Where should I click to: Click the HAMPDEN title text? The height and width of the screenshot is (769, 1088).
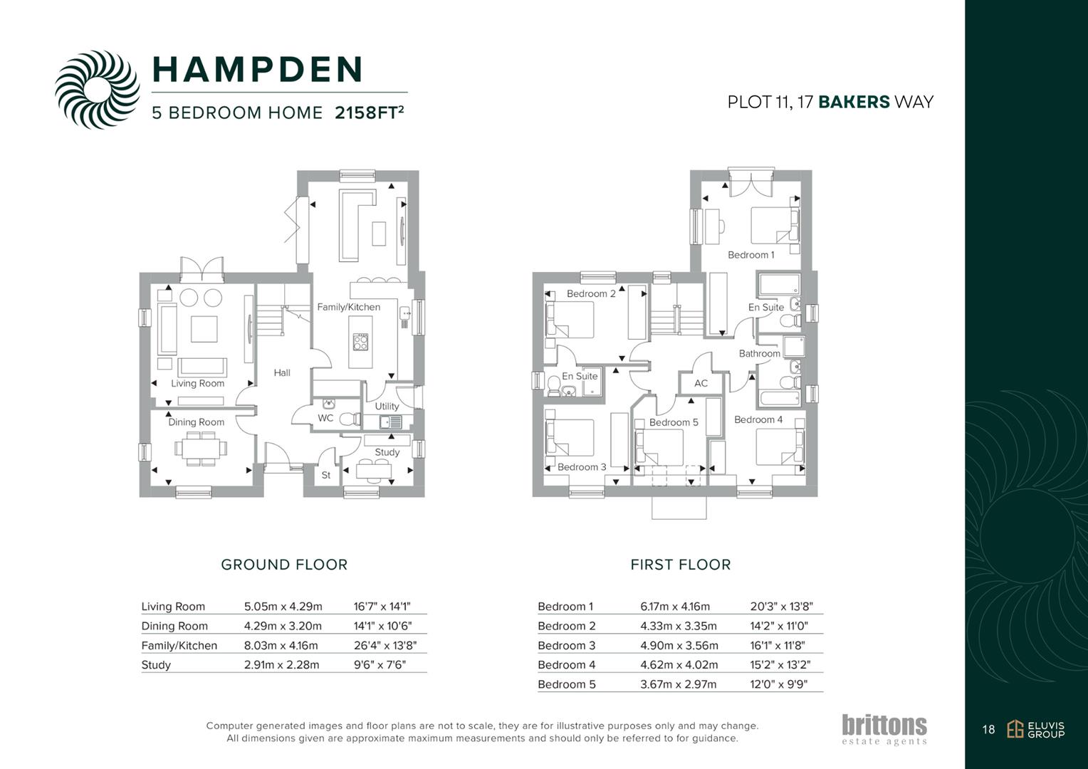coord(258,69)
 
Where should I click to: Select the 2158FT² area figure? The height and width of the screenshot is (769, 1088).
coord(369,113)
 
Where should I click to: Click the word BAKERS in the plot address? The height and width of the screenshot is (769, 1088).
coord(854,102)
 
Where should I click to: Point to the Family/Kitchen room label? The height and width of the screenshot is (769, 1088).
coord(348,307)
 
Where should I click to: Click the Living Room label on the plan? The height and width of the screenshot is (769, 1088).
coord(197,383)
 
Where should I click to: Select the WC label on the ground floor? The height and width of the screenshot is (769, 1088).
coord(325,418)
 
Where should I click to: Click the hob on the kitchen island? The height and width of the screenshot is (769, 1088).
coord(361,342)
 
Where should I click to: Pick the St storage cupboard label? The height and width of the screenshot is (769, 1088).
coord(326,475)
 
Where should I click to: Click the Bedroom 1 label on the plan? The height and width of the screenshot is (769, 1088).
coord(750,255)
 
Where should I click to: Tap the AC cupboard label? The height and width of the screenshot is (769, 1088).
coord(701,383)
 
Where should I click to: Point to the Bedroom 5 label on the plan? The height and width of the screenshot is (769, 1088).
coord(673,422)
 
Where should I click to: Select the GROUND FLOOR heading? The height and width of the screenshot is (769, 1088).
coord(284,565)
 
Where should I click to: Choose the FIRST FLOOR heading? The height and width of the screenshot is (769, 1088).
coord(680,565)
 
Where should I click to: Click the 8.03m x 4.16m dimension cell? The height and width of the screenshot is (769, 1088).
coord(281,645)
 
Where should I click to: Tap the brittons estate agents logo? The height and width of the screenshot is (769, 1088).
coord(884,729)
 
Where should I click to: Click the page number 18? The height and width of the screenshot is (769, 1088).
coord(988,729)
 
